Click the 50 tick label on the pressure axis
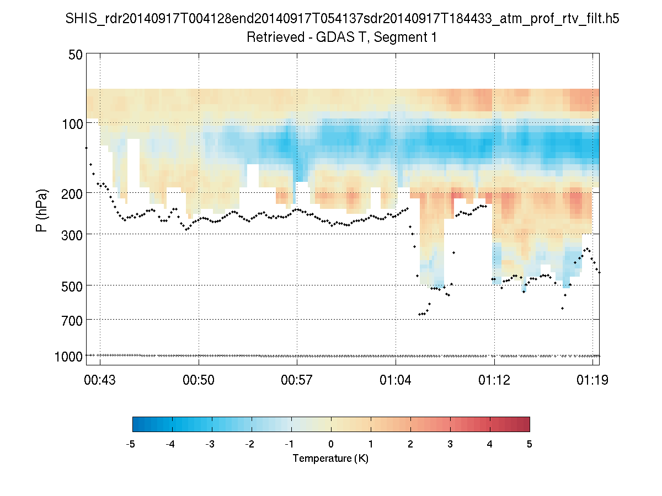[x=73, y=55]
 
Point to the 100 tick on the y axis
[x=70, y=124]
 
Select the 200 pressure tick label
[x=70, y=193]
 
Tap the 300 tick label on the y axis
[x=70, y=234]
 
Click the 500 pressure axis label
[x=70, y=285]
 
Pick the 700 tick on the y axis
[x=70, y=320]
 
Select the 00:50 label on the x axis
[x=199, y=380]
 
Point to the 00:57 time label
[x=297, y=380]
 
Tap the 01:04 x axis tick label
[x=396, y=380]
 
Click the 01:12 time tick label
[x=494, y=380]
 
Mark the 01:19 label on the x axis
[x=592, y=380]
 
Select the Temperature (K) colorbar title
[x=330, y=459]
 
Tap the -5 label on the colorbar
[x=131, y=444]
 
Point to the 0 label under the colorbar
[x=331, y=444]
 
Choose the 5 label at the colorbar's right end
[x=530, y=444]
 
